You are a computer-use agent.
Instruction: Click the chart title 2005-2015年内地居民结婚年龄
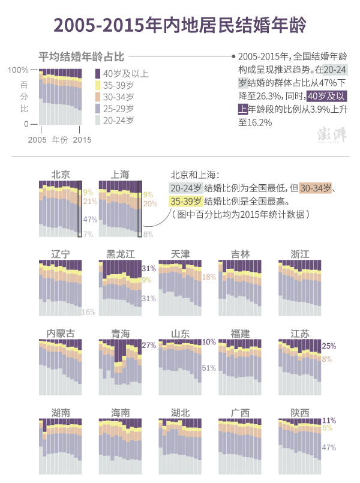[180, 25]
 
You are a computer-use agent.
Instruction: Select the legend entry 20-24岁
[118, 121]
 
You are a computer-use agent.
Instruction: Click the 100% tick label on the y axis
[18, 70]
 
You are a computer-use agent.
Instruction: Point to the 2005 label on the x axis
[37, 140]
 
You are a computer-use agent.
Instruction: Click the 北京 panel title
[61, 175]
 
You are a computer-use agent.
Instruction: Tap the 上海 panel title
[120, 175]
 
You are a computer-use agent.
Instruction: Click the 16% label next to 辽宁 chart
[89, 312]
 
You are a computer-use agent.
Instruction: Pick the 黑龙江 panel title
[120, 254]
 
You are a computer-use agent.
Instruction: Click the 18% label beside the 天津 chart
[209, 277]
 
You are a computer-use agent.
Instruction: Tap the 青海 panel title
[120, 334]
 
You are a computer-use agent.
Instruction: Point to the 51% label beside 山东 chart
[209, 368]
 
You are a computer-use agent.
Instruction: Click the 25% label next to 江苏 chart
[329, 346]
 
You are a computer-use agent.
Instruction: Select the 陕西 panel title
[300, 413]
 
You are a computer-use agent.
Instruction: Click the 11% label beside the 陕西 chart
[329, 421]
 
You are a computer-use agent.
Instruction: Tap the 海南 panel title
[120, 413]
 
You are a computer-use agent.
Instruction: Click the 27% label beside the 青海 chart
[149, 346]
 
